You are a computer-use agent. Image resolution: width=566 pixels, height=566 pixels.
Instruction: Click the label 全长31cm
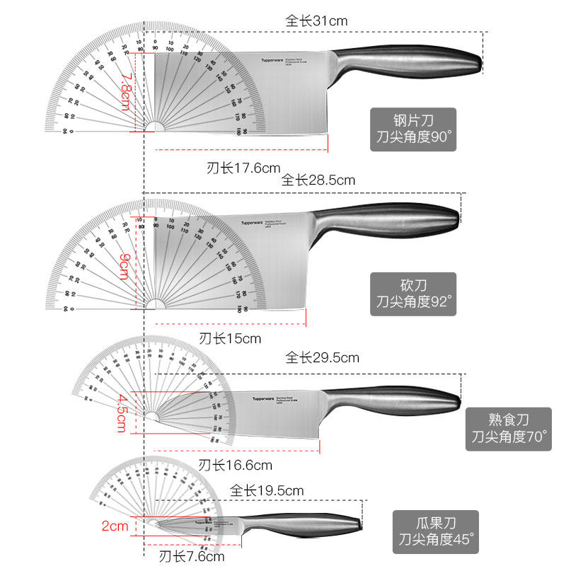[317, 21]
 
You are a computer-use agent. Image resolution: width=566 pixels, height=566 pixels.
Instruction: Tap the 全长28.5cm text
[318, 180]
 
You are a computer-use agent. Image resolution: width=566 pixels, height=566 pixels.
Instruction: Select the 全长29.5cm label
[322, 357]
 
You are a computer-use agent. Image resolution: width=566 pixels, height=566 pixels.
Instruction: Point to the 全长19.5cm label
[267, 490]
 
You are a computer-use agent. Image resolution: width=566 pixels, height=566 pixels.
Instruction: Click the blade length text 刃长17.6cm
[243, 168]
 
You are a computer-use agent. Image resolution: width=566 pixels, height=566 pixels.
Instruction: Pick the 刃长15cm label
[230, 338]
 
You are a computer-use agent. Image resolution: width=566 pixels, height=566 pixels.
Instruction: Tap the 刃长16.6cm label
[235, 465]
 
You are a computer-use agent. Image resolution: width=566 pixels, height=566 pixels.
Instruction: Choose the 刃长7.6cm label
[192, 556]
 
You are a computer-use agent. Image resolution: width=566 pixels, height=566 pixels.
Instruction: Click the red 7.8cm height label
[125, 91]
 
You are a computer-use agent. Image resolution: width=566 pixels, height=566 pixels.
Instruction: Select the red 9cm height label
[124, 265]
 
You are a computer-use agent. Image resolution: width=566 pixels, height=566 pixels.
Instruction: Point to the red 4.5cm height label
[123, 413]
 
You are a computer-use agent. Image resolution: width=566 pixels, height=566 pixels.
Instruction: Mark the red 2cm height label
[114, 526]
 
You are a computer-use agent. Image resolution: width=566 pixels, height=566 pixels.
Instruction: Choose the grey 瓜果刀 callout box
[435, 532]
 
